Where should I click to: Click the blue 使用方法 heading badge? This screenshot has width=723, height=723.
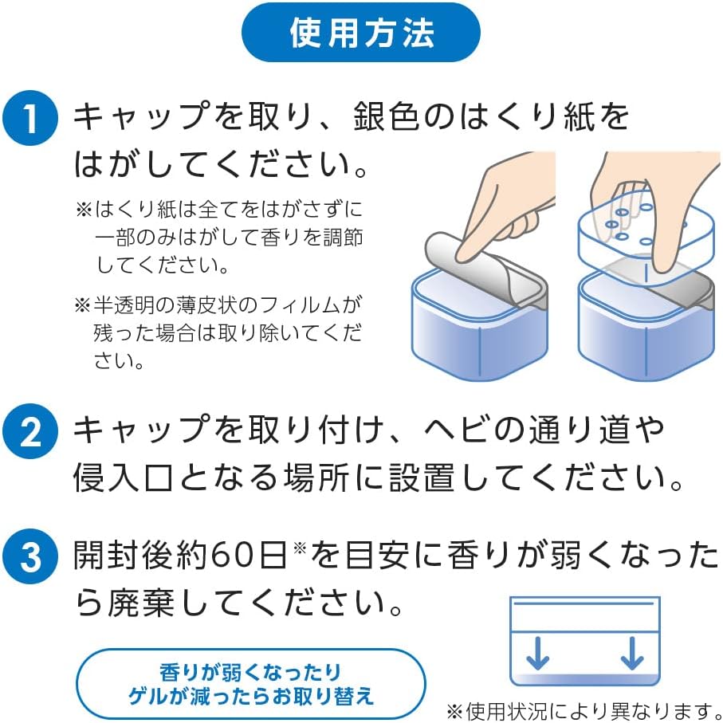[x=361, y=32]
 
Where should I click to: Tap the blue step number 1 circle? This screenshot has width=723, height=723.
[x=30, y=118]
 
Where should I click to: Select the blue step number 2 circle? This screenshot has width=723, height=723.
[x=30, y=431]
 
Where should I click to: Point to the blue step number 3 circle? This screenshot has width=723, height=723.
[x=30, y=556]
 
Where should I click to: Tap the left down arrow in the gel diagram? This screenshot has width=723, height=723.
[x=537, y=654]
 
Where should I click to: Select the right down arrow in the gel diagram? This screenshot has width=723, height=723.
[x=632, y=654]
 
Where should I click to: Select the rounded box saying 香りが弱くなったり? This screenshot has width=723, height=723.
[x=251, y=684]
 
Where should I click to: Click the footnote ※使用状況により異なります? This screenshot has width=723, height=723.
[x=584, y=710]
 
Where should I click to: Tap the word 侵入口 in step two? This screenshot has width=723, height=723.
[x=123, y=477]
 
